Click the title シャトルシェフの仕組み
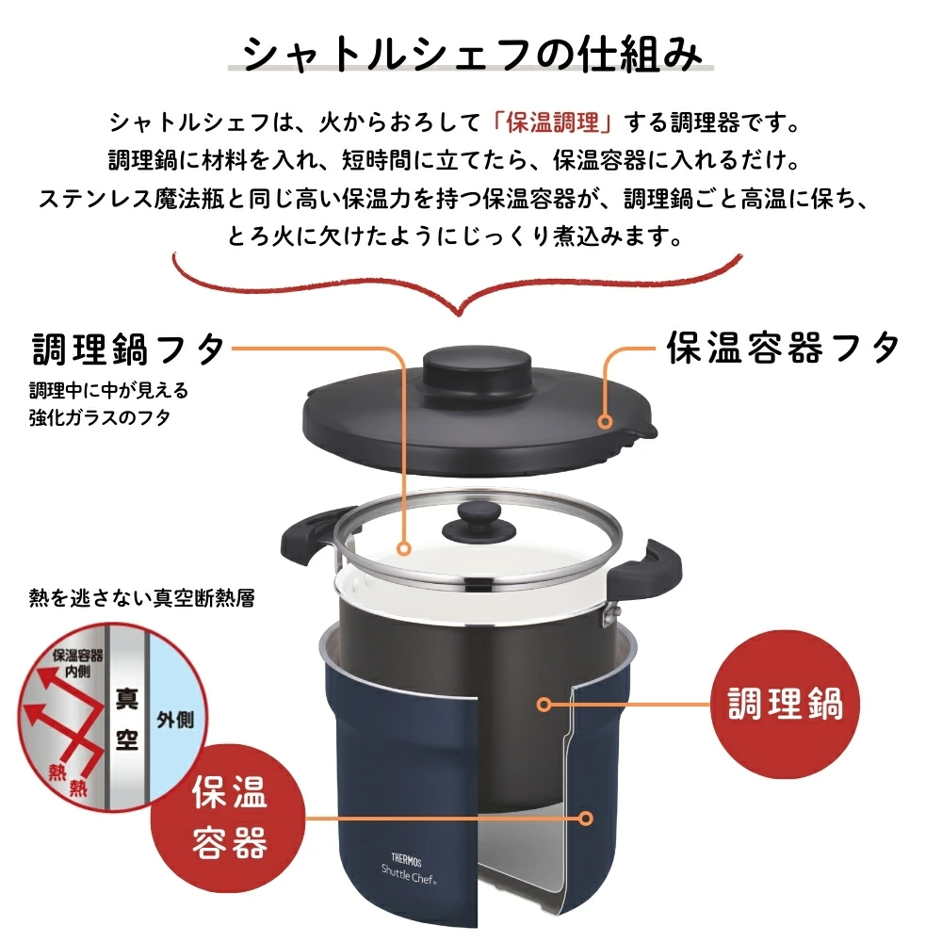pos(472,55)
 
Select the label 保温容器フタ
pos(784,348)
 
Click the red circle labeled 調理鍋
pos(785,704)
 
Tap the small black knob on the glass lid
pos(479,522)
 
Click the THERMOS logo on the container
pos(407,860)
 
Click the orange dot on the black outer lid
pos(605,422)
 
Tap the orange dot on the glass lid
pos(404,548)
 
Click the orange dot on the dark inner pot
pos(544,704)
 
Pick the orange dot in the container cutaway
pos(586,819)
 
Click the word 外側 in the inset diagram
pos(175,720)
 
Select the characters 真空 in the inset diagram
pos(127,719)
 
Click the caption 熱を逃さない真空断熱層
pos(142,598)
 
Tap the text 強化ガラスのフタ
pos(100,417)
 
